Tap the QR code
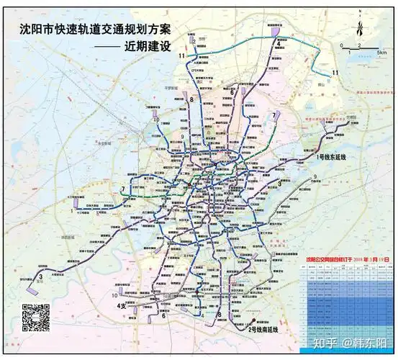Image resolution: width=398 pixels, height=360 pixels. coord(35,318)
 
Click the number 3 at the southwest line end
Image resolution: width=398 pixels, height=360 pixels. coord(42,276)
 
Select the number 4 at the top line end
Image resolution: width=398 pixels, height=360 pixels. coord(277,43)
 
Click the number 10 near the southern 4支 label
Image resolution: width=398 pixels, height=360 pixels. coord(114,296)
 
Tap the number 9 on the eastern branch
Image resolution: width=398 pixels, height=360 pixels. coord(315,176)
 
